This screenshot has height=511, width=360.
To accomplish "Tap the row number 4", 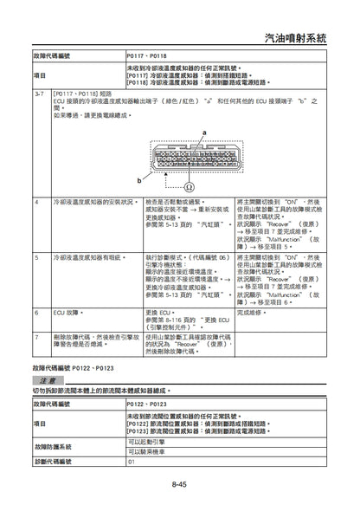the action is click(35, 201).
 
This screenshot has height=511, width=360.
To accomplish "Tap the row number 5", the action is click(35, 258).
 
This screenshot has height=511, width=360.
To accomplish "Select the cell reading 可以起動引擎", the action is click(148, 441).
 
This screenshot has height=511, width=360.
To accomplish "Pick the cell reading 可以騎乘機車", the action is click(148, 452).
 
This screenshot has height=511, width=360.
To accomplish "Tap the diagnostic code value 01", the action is click(132, 463).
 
